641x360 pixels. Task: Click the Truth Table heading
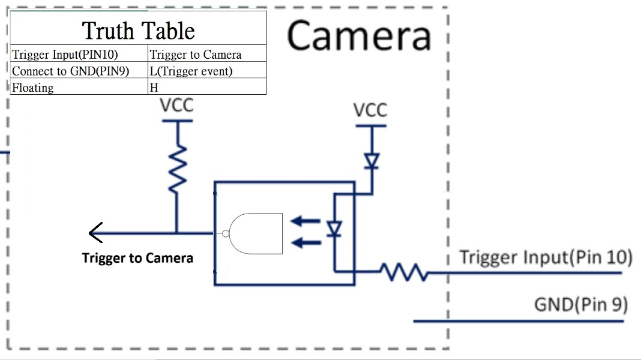(x=138, y=31)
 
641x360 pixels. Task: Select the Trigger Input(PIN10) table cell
(x=79, y=53)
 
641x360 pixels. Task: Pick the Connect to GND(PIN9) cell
(x=79, y=70)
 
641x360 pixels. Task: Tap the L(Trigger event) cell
(x=207, y=70)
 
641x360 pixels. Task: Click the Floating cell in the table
(x=79, y=86)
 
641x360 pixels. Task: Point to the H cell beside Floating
(x=207, y=86)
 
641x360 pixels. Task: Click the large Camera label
(x=359, y=36)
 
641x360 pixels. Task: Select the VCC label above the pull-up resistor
(x=176, y=106)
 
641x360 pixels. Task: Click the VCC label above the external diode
(x=370, y=110)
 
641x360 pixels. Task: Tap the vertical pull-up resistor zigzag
(x=178, y=169)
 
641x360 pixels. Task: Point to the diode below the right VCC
(x=372, y=161)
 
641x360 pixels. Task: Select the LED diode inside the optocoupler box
(x=334, y=229)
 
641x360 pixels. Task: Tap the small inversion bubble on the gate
(x=225, y=234)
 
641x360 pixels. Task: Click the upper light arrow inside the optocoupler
(x=305, y=221)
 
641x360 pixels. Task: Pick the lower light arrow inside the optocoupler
(x=305, y=243)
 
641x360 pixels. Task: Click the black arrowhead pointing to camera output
(x=95, y=233)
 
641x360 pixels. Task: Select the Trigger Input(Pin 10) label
(x=546, y=258)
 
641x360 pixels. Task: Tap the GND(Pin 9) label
(x=581, y=305)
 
